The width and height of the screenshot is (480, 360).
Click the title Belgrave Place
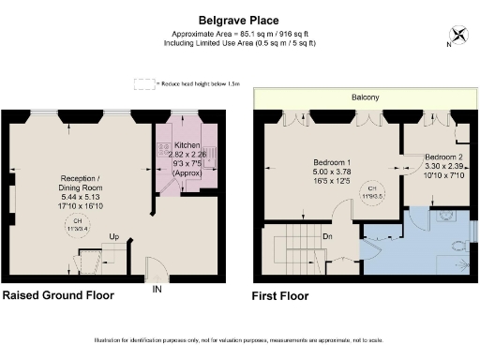239,18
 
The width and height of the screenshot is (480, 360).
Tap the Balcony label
365,97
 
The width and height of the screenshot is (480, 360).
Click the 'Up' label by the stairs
113,236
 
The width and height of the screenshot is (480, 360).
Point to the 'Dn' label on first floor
328,235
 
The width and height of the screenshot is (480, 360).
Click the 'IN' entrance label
157,290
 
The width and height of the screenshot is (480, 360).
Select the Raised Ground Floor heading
58,295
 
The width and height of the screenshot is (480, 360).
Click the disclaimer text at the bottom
239,338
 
